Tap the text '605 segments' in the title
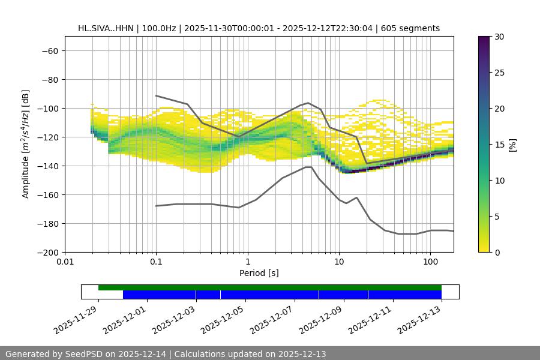pos(414,28)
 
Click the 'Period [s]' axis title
pos(259,273)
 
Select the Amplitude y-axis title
pos(26,144)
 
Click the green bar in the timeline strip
pos(270,287)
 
